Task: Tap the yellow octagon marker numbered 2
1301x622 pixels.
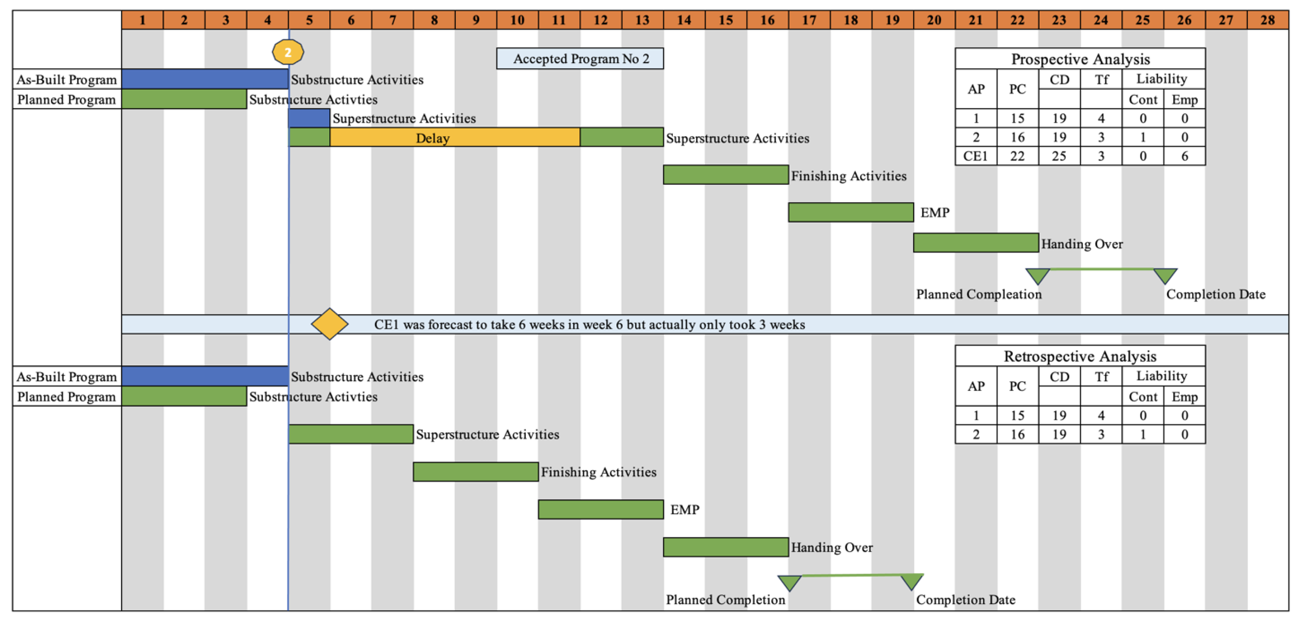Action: tap(288, 52)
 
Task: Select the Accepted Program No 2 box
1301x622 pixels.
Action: tap(580, 59)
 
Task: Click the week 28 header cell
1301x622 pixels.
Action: tap(1267, 20)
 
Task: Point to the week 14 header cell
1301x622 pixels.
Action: tap(684, 20)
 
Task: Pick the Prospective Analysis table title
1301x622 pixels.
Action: tap(1080, 59)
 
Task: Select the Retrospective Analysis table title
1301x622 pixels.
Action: tap(1080, 356)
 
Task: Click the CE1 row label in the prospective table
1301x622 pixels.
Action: tap(976, 156)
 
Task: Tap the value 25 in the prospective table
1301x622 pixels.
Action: tap(1059, 156)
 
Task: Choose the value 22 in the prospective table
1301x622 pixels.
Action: tap(1017, 156)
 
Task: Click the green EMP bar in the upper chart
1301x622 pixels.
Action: tap(851, 212)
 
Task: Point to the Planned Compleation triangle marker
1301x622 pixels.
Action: tap(1038, 276)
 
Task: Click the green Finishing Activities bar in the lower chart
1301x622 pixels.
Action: tap(475, 472)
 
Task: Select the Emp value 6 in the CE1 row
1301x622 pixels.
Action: tap(1184, 156)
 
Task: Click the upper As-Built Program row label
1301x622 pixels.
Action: tap(67, 79)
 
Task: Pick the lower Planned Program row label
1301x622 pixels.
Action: tap(67, 396)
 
